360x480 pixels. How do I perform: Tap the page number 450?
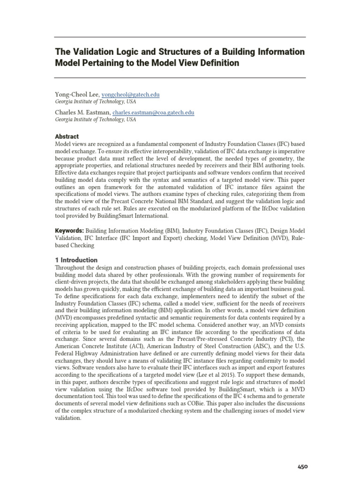[x=303, y=466]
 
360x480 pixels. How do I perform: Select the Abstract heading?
[x=67, y=136]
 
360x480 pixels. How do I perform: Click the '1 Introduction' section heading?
[x=76, y=260]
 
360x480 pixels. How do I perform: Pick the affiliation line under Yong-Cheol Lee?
[x=96, y=102]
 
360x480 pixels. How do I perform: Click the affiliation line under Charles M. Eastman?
[x=96, y=120]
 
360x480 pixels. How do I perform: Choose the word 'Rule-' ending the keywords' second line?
[x=298, y=238]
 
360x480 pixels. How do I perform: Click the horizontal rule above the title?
[x=180, y=37]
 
